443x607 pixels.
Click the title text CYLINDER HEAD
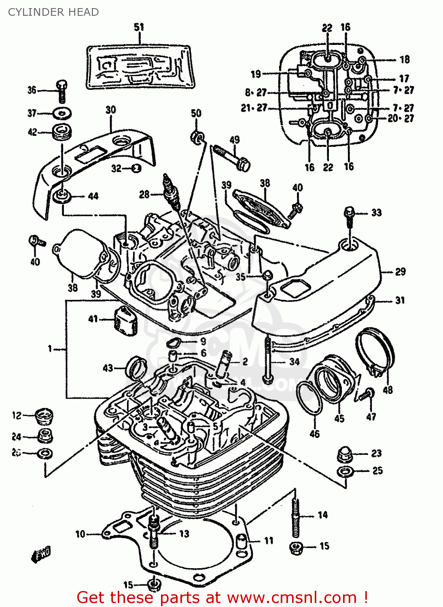pyautogui.click(x=53, y=12)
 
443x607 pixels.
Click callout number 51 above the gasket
pyautogui.click(x=139, y=27)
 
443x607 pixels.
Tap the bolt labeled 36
pyautogui.click(x=61, y=91)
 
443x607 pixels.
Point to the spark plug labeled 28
pyautogui.click(x=170, y=190)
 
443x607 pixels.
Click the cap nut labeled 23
pyautogui.click(x=345, y=454)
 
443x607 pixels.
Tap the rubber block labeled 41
pyautogui.click(x=125, y=321)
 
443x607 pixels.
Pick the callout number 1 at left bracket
pyautogui.click(x=50, y=348)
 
